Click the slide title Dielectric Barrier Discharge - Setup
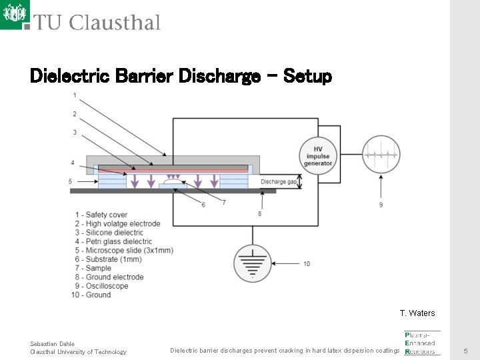pyautogui.click(x=181, y=77)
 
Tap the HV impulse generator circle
pyautogui.click(x=318, y=156)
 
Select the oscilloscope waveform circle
pyautogui.click(x=381, y=155)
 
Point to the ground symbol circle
pyautogui.click(x=252, y=264)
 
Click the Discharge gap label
pyautogui.click(x=278, y=181)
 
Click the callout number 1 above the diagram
pyautogui.click(x=75, y=95)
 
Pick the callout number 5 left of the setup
pyautogui.click(x=70, y=181)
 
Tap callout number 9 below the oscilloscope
pyautogui.click(x=381, y=205)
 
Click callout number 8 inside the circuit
pyautogui.click(x=259, y=213)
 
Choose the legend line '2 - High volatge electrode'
pyautogui.click(x=118, y=224)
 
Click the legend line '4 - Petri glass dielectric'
pyautogui.click(x=114, y=241)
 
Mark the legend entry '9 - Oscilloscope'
pyautogui.click(x=101, y=286)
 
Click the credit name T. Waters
pyautogui.click(x=417, y=313)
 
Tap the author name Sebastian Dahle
pyautogui.click(x=52, y=343)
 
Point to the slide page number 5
pyautogui.click(x=466, y=351)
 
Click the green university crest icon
pyautogui.click(x=15, y=14)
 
